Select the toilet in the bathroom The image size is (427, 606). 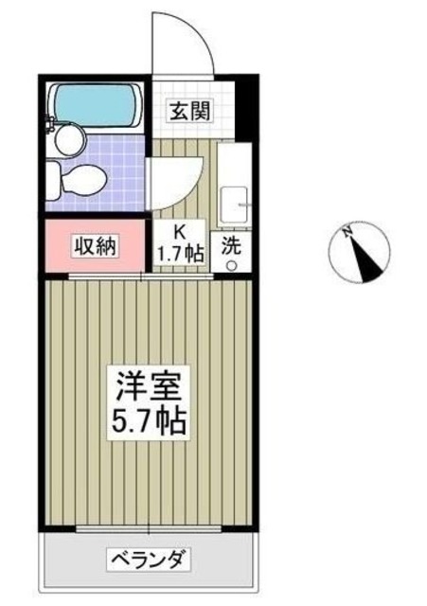point(79,177)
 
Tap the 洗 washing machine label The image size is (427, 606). point(231,245)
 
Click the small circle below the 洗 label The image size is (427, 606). point(231,265)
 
